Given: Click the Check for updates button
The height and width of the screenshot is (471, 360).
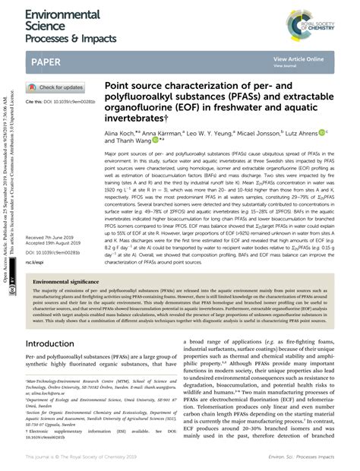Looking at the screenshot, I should point(56,87).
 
